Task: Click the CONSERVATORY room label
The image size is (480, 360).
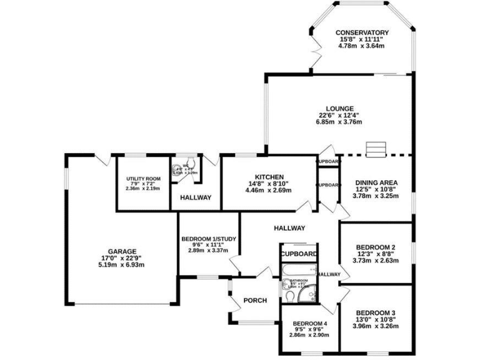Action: [362, 32]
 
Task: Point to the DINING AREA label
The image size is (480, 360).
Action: [376, 183]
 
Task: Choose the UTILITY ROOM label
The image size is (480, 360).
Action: [143, 179]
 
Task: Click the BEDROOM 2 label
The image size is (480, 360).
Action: [376, 247]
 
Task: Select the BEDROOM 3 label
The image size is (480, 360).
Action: [376, 312]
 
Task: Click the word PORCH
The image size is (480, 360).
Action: [255, 301]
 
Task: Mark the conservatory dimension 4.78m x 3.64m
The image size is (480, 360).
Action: [362, 46]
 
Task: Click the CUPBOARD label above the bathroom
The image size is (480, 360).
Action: [299, 254]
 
